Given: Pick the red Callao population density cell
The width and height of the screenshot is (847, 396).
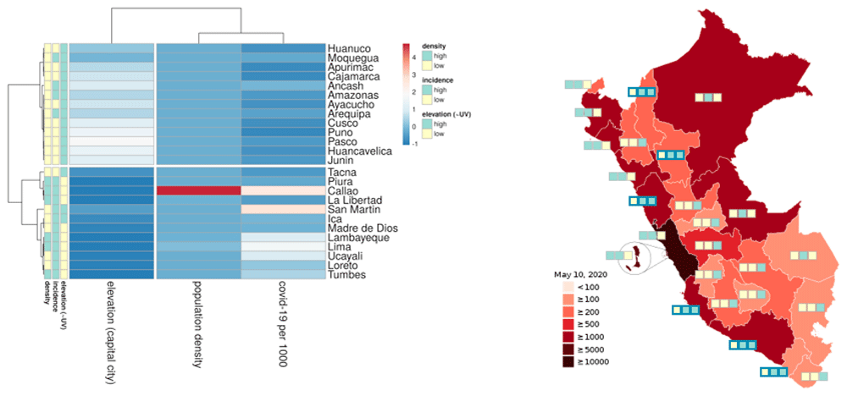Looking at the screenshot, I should click(x=199, y=190).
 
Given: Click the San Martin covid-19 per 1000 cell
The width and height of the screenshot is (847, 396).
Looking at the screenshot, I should click(x=283, y=209).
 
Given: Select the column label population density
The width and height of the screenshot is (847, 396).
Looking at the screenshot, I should click(x=196, y=326).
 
